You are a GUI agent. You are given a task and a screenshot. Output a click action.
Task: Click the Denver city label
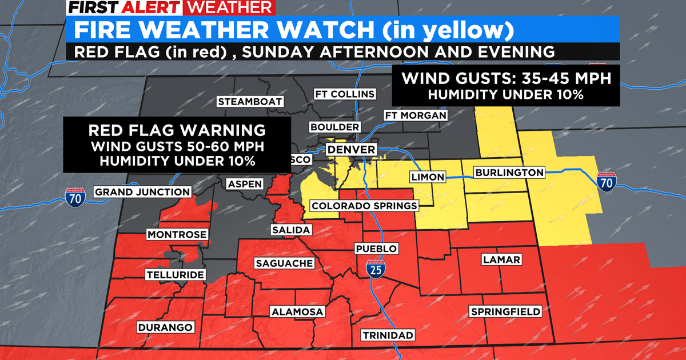pos(351,150)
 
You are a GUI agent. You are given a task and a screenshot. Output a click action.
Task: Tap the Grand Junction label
pos(142,192)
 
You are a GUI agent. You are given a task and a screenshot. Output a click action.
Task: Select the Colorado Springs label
pos(364,206)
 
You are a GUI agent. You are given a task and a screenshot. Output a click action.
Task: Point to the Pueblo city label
pos(376,249)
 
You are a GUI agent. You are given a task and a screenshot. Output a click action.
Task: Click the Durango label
pos(166,327)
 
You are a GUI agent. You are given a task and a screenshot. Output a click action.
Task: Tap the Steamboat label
pos(250,102)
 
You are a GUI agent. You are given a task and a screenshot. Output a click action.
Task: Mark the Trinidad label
pos(387,334)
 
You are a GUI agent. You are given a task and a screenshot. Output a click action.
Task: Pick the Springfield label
pos(505,311)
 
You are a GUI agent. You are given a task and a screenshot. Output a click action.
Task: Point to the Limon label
pos(428,177)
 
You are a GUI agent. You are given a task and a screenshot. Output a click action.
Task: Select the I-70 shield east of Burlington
pos(607,182)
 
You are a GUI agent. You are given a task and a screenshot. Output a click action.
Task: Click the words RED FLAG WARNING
pos(177,129)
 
